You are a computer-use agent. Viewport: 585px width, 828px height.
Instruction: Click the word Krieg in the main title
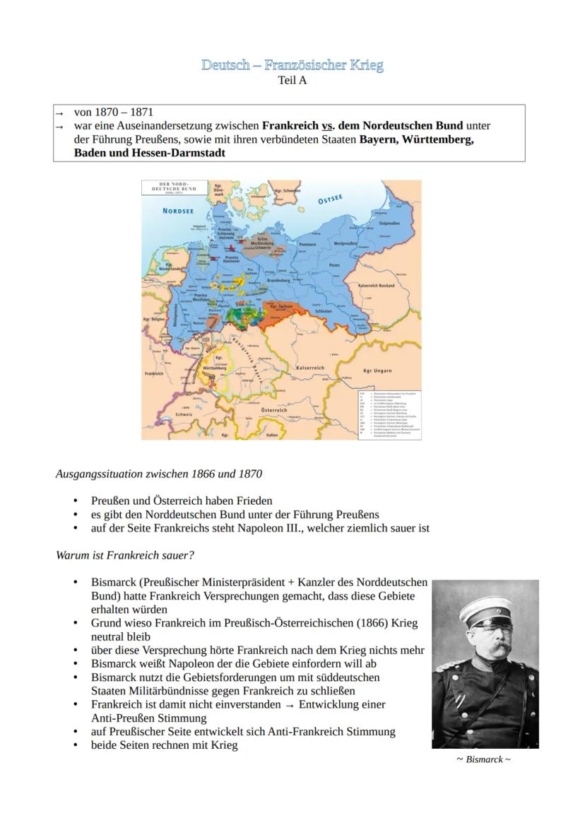(365, 66)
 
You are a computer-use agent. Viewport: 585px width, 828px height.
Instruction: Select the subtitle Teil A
(292, 81)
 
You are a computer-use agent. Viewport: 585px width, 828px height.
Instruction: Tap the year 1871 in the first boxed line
(139, 112)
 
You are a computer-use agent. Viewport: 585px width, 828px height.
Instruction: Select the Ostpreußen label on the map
(389, 223)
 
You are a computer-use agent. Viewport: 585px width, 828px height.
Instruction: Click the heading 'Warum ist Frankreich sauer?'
(124, 555)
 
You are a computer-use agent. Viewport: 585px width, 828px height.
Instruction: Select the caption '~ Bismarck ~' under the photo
(484, 759)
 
